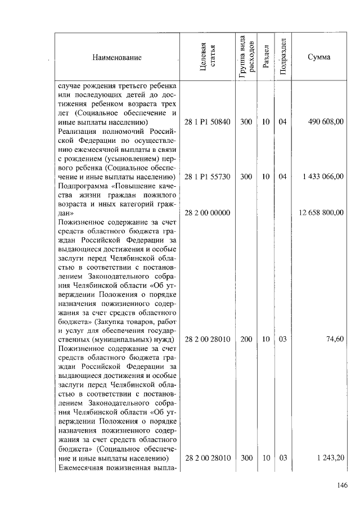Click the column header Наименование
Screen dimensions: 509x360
tap(118, 57)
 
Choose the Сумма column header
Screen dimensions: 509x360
tap(319, 57)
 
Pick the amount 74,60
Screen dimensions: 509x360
tap(335, 339)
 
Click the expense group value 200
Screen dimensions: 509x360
tap(246, 339)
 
